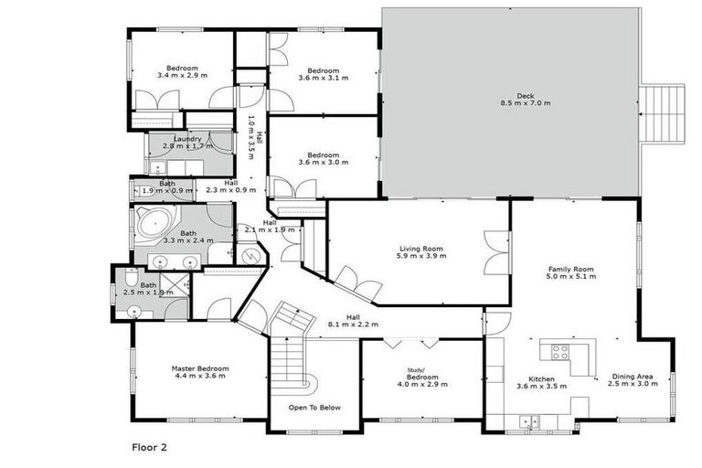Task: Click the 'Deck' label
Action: click(525, 94)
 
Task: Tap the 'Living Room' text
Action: click(420, 249)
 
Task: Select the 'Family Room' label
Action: click(570, 270)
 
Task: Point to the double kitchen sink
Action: click(528, 421)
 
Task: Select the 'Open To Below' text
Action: click(314, 407)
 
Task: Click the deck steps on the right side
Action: click(662, 113)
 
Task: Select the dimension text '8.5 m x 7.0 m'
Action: click(525, 103)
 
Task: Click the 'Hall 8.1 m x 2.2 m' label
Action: click(353, 320)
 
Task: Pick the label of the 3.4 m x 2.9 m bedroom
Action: click(182, 69)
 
